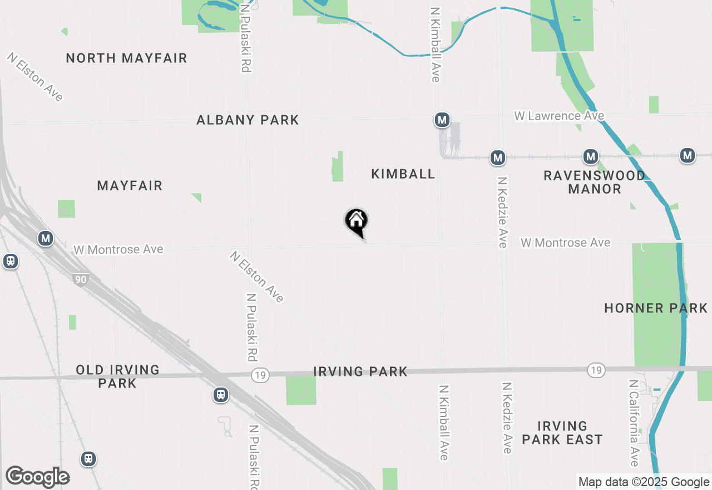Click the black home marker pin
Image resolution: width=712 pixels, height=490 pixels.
click(357, 222)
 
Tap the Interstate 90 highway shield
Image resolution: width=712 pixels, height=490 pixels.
click(81, 279)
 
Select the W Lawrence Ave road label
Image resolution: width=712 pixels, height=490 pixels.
click(559, 116)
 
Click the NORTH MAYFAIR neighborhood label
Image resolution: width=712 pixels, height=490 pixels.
click(126, 58)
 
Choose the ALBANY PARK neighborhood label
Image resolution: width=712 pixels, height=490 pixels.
click(248, 120)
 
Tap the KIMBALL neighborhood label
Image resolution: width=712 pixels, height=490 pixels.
click(403, 174)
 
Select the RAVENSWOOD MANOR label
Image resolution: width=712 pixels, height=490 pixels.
click(594, 182)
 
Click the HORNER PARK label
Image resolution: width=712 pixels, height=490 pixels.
click(656, 308)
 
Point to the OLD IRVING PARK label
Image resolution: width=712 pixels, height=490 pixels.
click(117, 376)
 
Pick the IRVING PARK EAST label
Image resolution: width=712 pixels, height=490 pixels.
click(562, 433)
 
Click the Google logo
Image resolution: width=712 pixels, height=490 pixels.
click(37, 477)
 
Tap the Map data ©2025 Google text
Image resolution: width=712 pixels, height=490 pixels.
click(644, 482)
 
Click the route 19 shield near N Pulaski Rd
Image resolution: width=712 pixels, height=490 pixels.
click(259, 375)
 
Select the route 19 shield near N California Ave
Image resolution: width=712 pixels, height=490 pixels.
click(596, 370)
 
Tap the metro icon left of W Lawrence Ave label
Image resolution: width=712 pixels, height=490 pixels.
click(442, 120)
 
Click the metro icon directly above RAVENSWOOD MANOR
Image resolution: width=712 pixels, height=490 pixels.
click(591, 156)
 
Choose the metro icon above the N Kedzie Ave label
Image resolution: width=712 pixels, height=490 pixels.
click(497, 158)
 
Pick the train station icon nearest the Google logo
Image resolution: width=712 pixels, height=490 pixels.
click(88, 459)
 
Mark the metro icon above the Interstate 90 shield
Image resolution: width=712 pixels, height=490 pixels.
click(46, 239)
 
